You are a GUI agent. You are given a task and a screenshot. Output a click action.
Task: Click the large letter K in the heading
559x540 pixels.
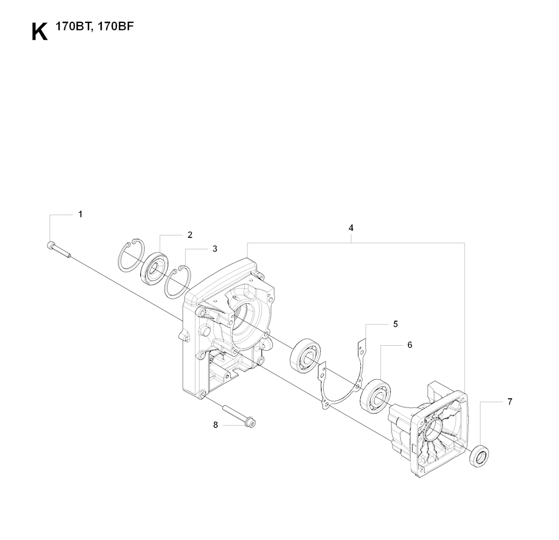[39, 32]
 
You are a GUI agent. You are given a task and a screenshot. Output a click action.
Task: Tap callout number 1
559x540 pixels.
[81, 214]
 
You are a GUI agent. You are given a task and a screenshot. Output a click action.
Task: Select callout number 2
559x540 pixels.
[190, 235]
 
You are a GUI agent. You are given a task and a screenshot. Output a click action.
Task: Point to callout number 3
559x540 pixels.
[215, 249]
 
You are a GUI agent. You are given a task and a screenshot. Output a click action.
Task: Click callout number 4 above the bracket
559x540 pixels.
[351, 227]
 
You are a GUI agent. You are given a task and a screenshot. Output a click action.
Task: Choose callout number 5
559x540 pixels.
[395, 324]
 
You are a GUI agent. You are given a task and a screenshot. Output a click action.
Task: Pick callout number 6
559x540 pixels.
[409, 345]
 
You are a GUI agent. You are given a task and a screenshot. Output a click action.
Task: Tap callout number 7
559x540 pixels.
[510, 402]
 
